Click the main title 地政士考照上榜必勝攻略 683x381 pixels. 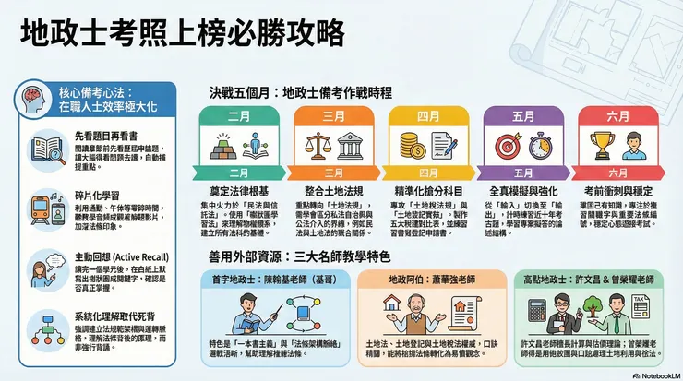182,33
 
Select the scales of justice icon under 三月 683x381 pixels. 311,145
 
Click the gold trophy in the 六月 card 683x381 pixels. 603,144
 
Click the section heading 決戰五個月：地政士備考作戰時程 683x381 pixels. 300,93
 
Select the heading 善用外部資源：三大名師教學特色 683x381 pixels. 301,256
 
